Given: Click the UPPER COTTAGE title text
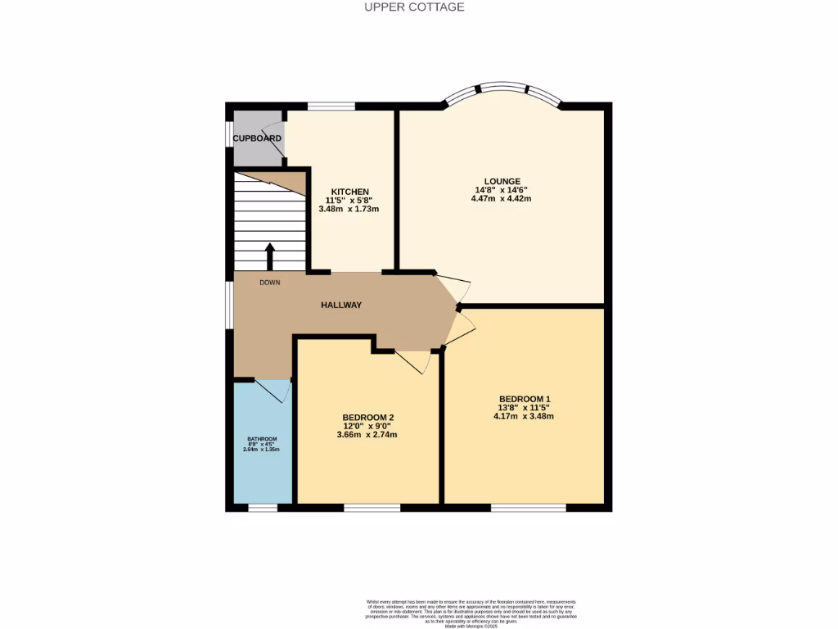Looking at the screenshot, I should [414, 7].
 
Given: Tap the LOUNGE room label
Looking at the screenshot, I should [502, 182].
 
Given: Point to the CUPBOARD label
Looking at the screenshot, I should [257, 138].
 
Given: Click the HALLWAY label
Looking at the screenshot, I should [340, 305].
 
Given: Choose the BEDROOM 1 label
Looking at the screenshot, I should [524, 399].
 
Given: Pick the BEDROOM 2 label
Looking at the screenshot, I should [367, 418].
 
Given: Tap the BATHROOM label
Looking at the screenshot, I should [263, 439].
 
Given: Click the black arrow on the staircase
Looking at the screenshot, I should [270, 255].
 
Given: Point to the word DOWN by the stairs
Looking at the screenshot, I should [270, 283].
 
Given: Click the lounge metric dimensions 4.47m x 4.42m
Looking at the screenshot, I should [502, 198].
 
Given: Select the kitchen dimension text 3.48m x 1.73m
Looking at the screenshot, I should [349, 209].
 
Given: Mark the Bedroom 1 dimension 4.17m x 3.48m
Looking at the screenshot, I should [524, 416].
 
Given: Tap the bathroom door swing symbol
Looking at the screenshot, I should [273, 391].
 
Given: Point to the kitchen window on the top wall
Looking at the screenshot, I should [331, 106].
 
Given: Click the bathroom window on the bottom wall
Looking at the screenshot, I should [263, 508].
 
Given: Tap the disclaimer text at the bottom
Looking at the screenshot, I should [471, 613].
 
